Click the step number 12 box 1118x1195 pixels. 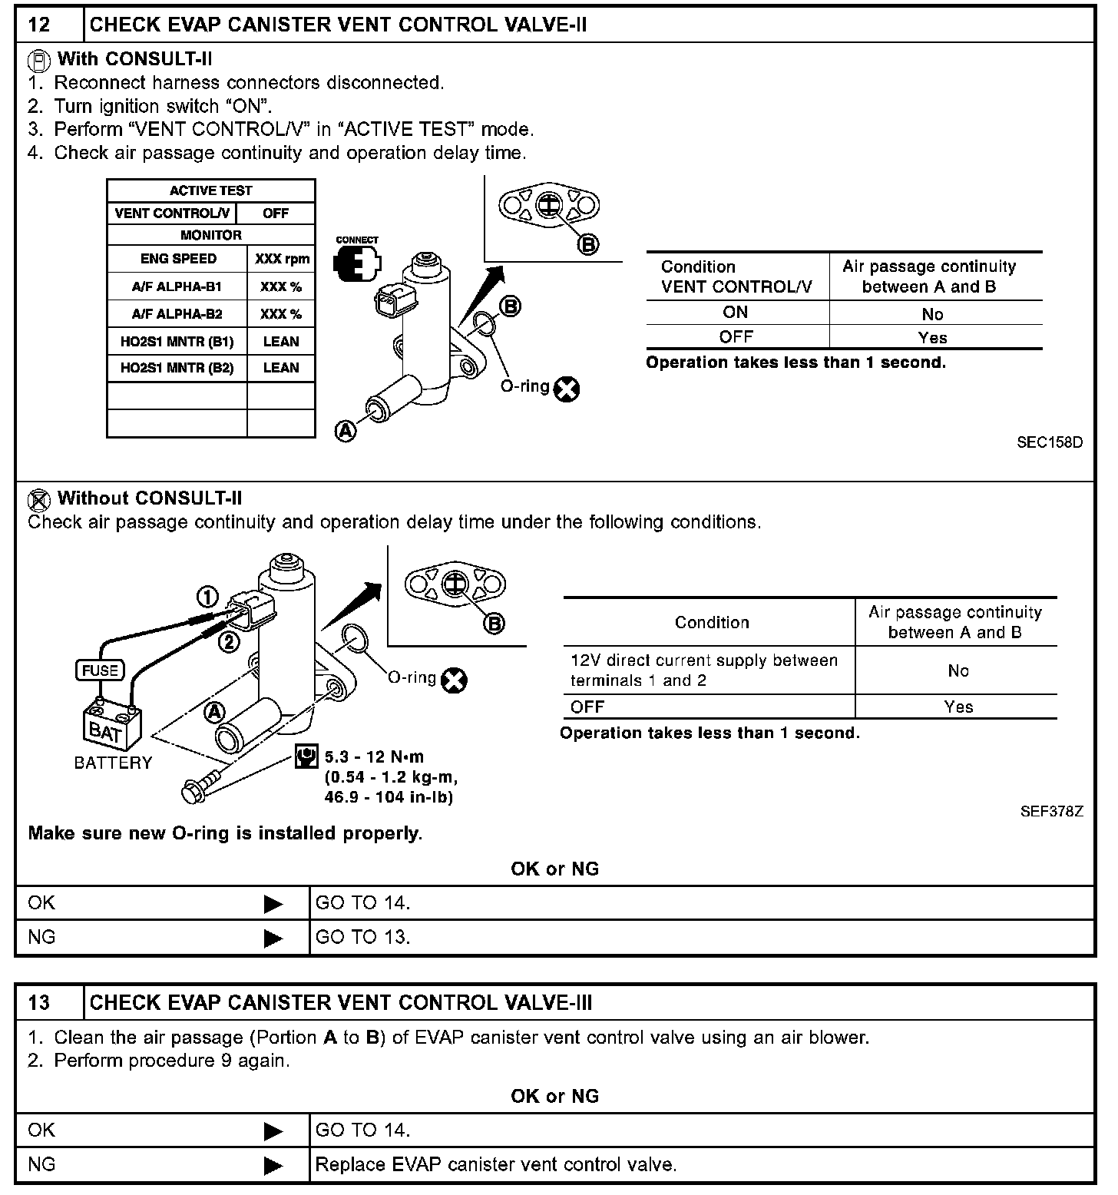tap(40, 25)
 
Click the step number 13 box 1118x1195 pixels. tap(40, 1002)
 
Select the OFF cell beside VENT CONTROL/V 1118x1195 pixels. tap(276, 213)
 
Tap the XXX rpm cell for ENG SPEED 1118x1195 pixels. tap(282, 259)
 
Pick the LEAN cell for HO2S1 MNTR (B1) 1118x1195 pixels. tap(281, 341)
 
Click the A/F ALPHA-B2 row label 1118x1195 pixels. tap(177, 313)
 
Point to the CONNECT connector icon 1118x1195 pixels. tap(356, 262)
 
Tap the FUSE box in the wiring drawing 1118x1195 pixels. tap(101, 670)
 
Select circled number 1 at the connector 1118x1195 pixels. tap(208, 597)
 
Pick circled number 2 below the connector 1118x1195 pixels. tap(229, 641)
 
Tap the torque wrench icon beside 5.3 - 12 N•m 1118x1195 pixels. tap(306, 757)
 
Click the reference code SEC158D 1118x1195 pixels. tap(1049, 442)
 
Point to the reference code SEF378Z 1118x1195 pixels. tap(1051, 811)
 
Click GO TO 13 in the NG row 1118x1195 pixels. tap(362, 937)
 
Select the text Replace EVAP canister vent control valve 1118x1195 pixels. tap(496, 1164)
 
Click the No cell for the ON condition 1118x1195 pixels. tap(932, 313)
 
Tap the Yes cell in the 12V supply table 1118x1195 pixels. tap(958, 707)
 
